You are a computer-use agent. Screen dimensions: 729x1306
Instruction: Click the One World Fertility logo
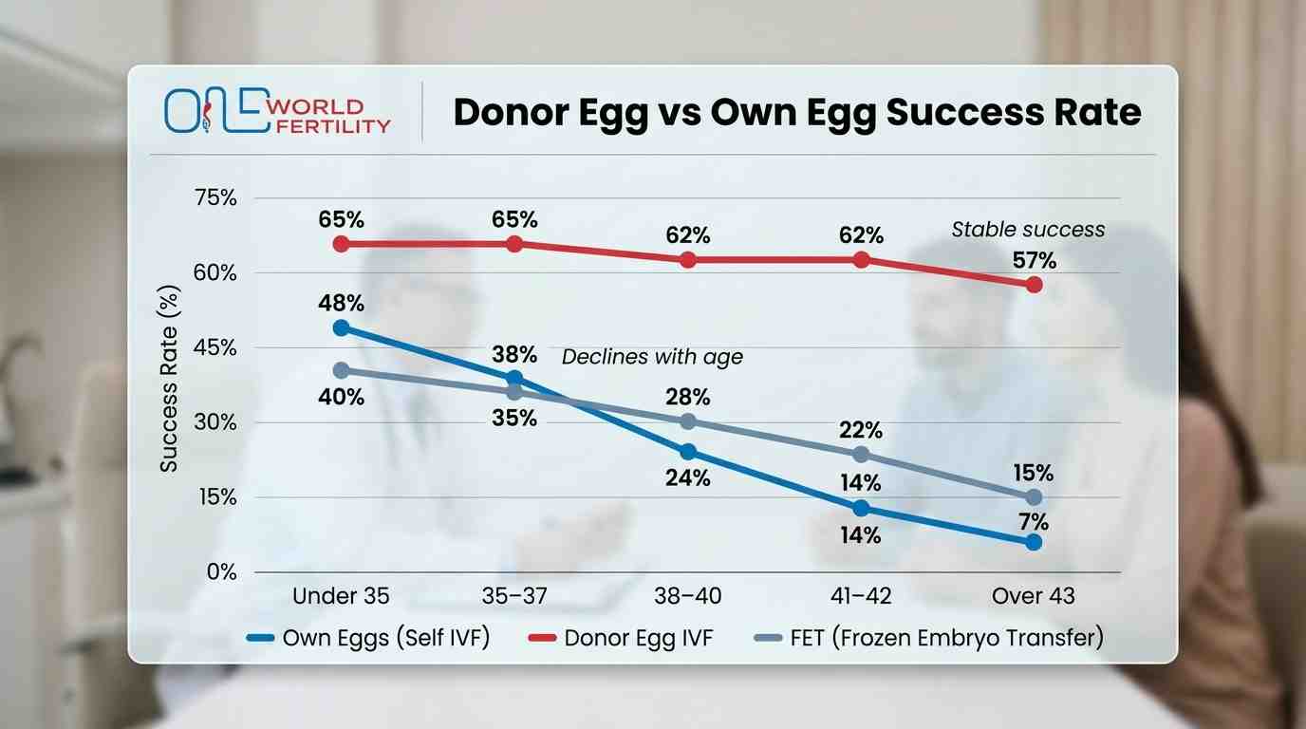[x=277, y=112]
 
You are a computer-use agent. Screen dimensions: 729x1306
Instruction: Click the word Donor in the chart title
[x=513, y=112]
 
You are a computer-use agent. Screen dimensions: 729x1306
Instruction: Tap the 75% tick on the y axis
[x=215, y=198]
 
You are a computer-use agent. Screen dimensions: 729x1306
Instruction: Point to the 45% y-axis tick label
[x=215, y=348]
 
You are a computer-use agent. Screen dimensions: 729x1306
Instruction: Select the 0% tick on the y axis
[x=220, y=572]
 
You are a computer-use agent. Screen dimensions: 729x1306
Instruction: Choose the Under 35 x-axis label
[x=341, y=596]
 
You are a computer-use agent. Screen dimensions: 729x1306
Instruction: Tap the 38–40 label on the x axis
[x=688, y=596]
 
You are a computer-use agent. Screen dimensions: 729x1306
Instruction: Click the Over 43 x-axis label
[x=1034, y=596]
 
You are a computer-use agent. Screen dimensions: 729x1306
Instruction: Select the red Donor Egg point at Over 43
[x=1034, y=285]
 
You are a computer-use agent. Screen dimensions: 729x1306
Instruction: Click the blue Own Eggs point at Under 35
[x=341, y=328]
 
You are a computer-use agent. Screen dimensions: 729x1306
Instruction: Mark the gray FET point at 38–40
[x=688, y=421]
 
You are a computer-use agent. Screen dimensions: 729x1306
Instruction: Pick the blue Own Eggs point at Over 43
[x=1034, y=542]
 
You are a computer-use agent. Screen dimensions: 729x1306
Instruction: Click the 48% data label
[x=341, y=303]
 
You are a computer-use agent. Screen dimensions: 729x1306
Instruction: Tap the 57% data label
[x=1034, y=259]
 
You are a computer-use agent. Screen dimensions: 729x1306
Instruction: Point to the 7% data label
[x=1034, y=521]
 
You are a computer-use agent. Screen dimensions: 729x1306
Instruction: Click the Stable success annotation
[x=1028, y=230]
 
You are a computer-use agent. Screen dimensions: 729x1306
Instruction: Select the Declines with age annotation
[x=652, y=357]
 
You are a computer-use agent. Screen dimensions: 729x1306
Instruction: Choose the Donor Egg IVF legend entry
[x=638, y=638]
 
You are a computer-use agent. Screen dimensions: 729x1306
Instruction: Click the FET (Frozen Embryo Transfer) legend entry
[x=946, y=638]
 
